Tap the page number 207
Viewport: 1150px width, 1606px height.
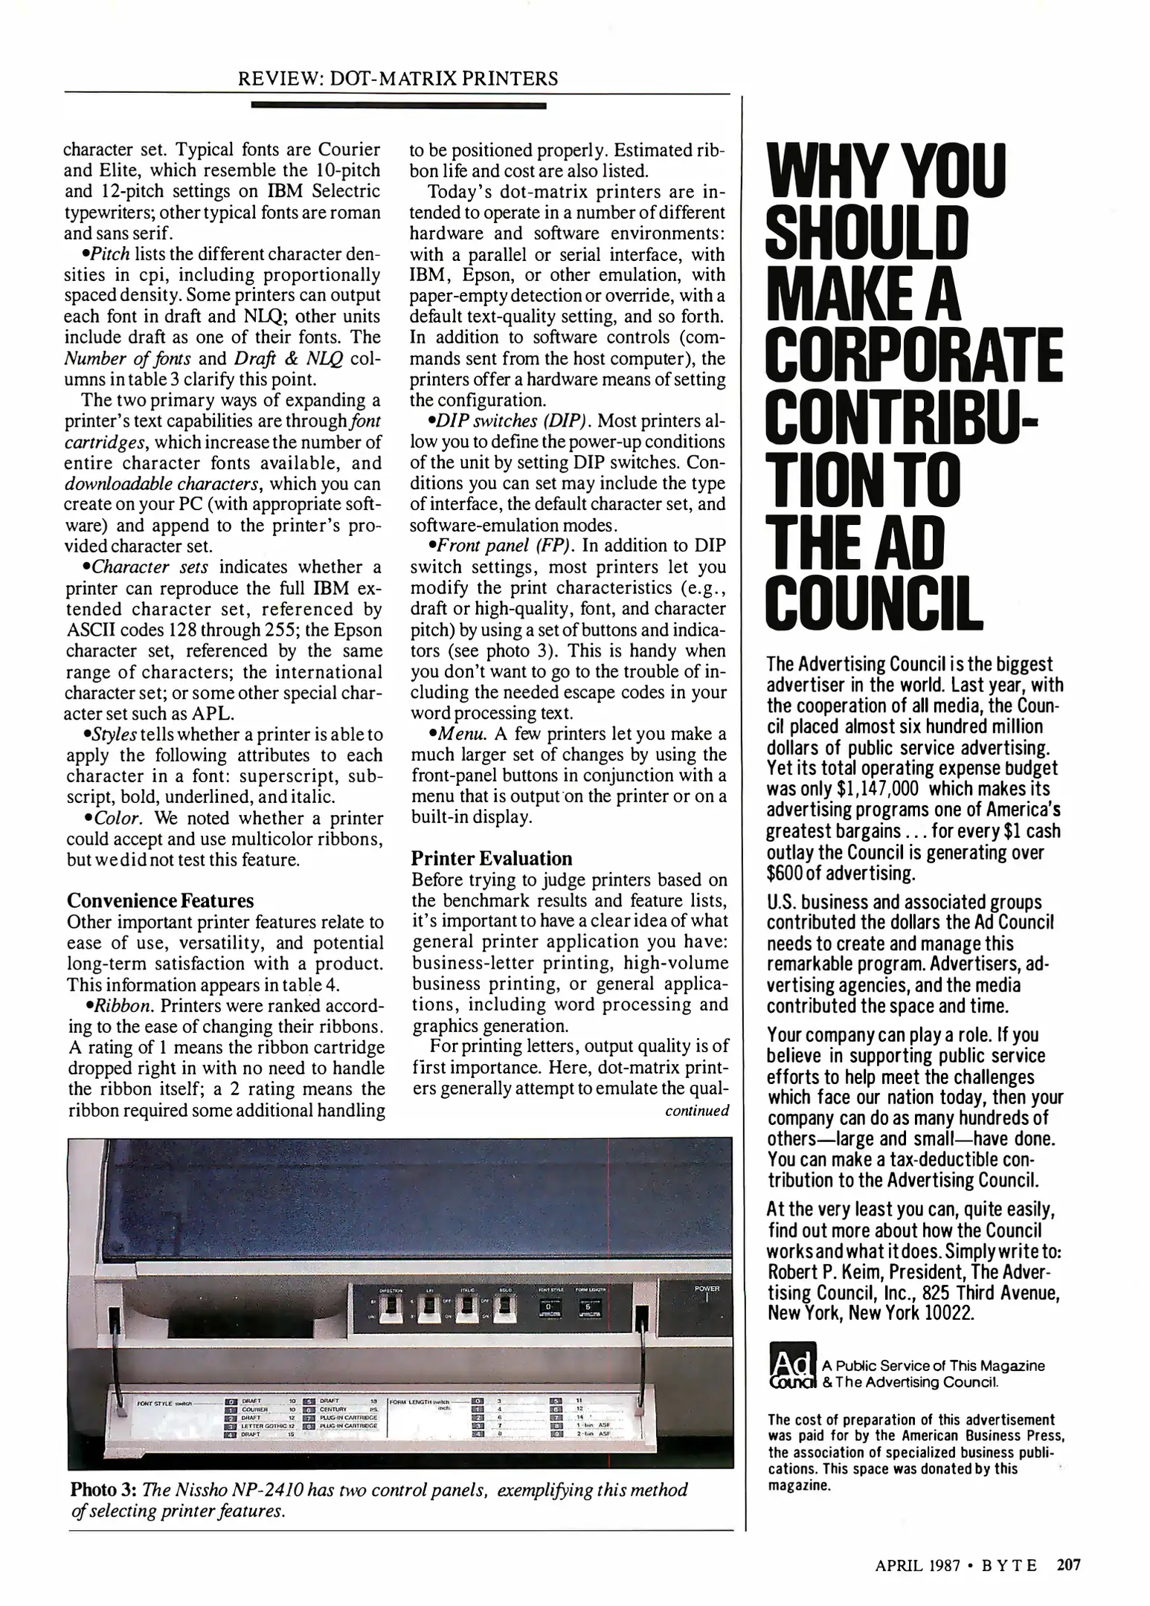(x=1068, y=1564)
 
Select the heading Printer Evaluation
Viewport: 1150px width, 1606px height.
(x=492, y=859)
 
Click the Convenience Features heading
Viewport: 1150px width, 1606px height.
(x=160, y=901)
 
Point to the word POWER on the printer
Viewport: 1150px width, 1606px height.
(x=707, y=1288)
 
